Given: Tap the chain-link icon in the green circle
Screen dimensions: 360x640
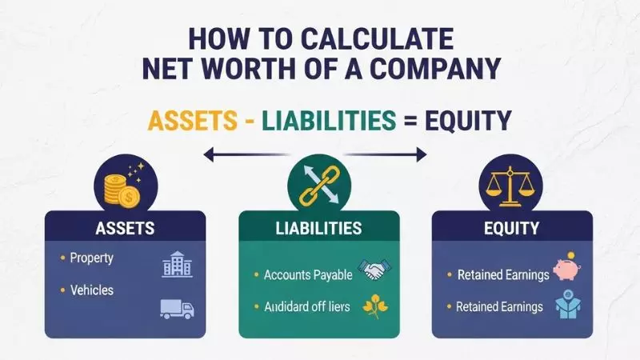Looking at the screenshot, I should [320, 185].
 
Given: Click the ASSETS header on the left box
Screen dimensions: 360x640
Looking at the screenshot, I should [125, 228].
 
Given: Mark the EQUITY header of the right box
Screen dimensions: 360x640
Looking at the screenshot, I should [512, 229].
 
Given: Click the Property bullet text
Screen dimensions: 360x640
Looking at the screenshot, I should [91, 258].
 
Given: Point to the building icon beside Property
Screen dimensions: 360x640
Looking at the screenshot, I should [178, 264].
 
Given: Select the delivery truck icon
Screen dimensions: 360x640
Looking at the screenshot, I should [178, 308].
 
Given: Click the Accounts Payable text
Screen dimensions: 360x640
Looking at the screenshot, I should [308, 275].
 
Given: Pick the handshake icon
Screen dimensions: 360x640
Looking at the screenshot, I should [371, 272].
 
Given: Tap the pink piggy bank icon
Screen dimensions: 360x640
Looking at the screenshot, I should [566, 270].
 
